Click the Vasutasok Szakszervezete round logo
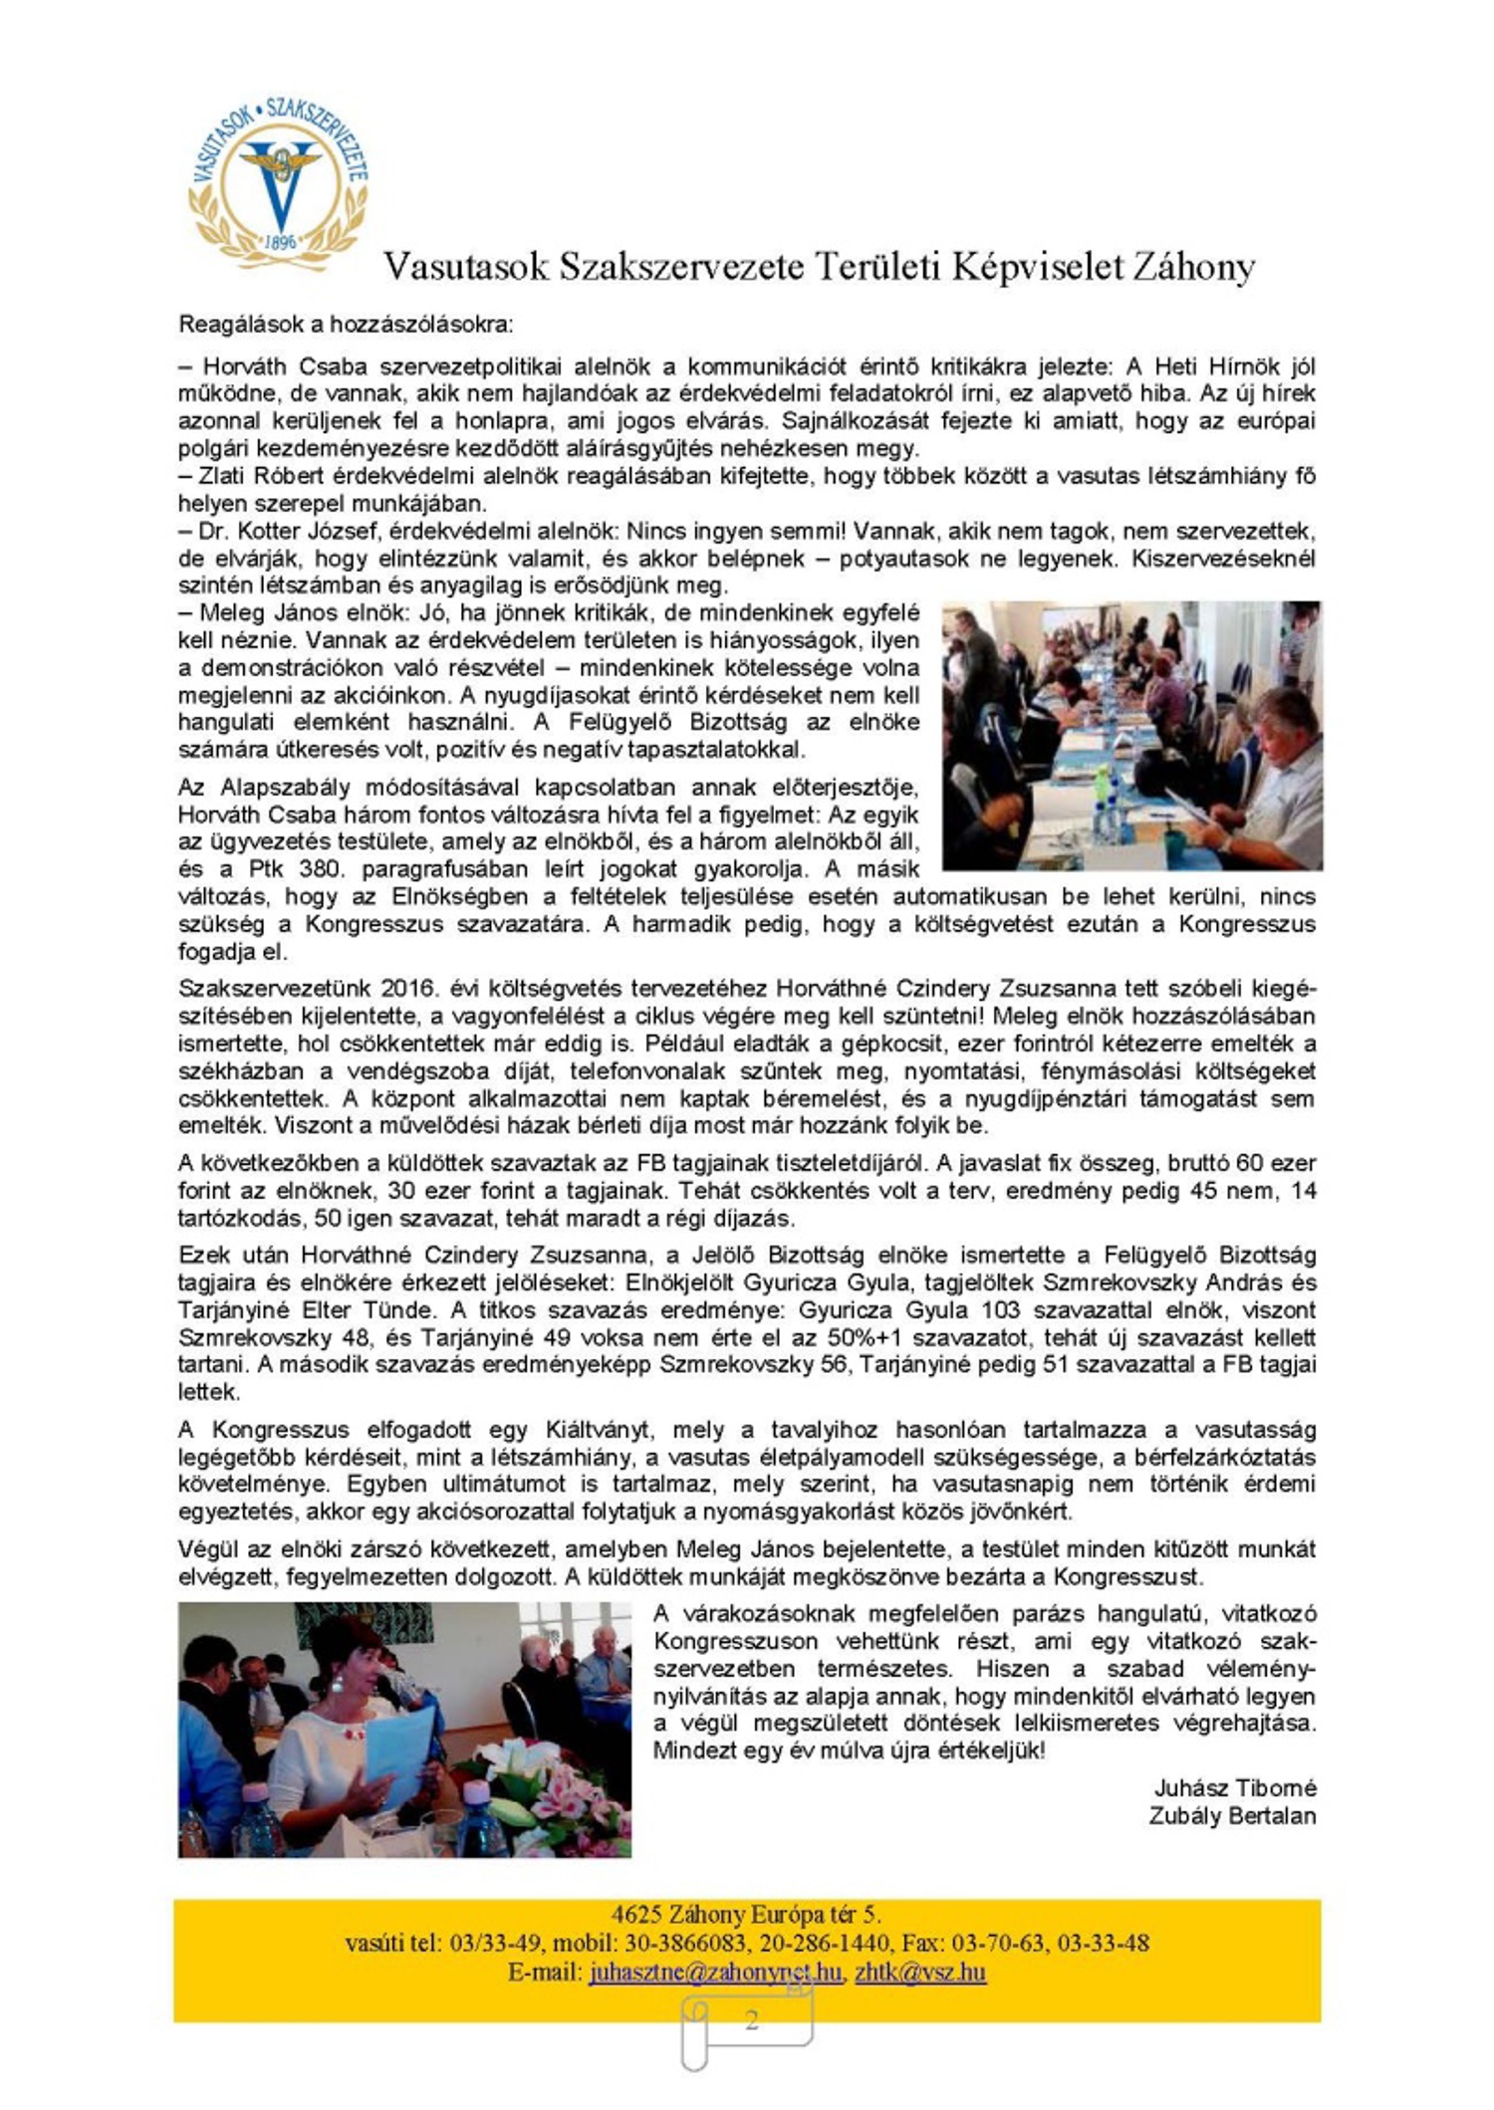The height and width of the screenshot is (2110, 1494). (278, 178)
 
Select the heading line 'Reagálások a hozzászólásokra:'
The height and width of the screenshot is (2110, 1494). (346, 324)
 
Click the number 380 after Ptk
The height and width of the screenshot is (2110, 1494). (320, 868)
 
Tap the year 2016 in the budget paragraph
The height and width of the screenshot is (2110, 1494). (408, 989)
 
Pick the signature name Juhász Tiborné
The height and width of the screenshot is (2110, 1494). (1235, 1787)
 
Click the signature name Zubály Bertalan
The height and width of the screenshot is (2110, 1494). (1232, 1815)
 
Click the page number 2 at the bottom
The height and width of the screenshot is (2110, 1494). (751, 2020)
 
